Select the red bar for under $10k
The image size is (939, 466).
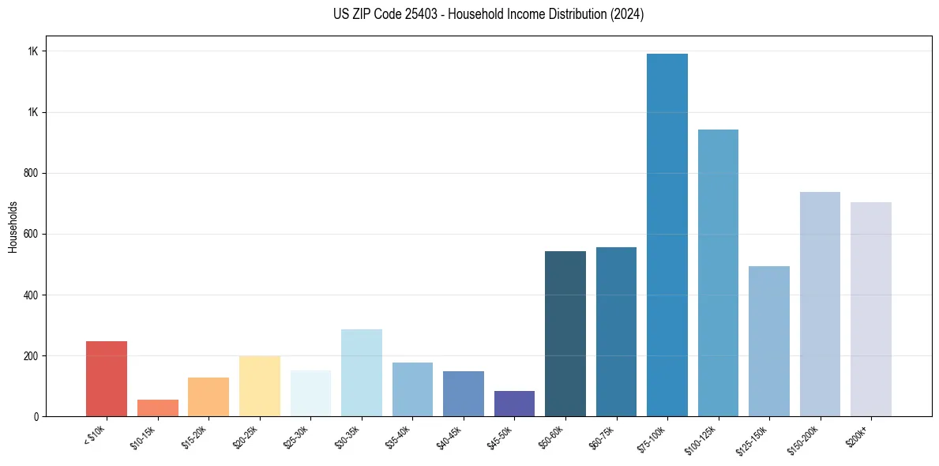click(107, 378)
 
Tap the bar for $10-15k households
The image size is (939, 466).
click(158, 408)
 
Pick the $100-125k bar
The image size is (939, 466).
click(718, 272)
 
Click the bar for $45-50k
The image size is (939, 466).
click(514, 403)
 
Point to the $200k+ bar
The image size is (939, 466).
click(871, 309)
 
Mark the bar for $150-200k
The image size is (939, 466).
click(820, 304)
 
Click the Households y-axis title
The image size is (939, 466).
click(13, 227)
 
